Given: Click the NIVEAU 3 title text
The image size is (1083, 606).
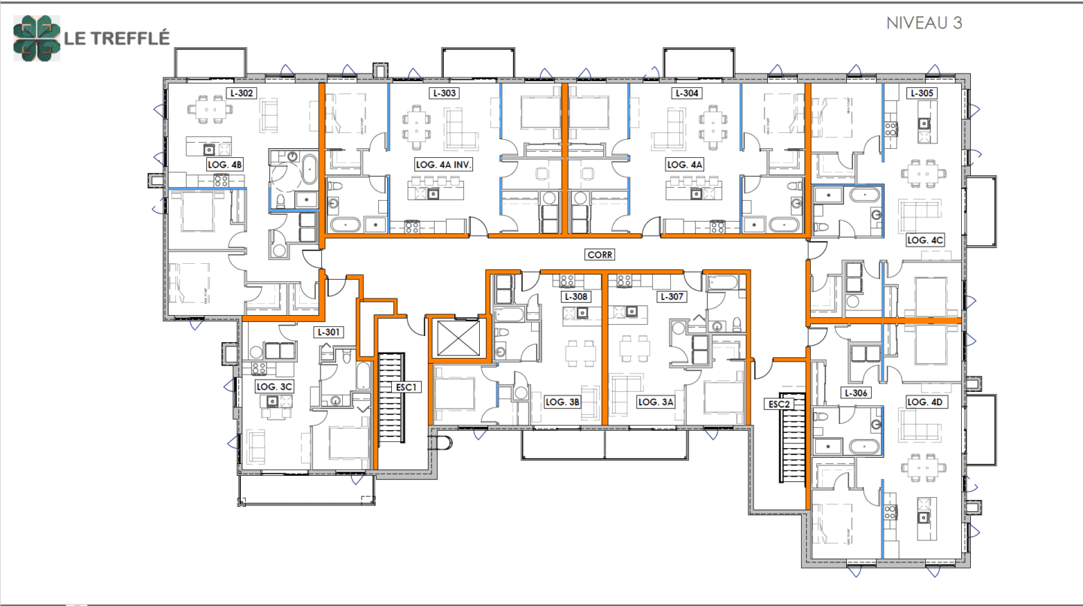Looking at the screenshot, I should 924,23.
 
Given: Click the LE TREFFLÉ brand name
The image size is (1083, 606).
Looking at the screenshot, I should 117,38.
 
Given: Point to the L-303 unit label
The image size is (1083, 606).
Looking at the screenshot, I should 444,94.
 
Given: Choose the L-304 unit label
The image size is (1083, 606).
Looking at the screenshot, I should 687,94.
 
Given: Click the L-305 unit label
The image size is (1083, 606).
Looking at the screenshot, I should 922,94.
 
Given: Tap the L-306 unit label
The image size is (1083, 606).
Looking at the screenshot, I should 857,393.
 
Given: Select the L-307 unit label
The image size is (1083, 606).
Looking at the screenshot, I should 672,297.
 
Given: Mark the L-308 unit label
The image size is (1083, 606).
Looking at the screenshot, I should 578,297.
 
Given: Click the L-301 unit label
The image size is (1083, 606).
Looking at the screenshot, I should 329,332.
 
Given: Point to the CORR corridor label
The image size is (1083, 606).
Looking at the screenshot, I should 599,255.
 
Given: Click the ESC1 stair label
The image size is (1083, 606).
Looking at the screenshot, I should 405,387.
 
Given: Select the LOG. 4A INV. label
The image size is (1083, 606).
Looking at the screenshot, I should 443,164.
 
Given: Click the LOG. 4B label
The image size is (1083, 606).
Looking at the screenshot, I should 225,164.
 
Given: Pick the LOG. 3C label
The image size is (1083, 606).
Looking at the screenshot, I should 274,386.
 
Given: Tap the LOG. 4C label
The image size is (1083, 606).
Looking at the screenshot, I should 925,240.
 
